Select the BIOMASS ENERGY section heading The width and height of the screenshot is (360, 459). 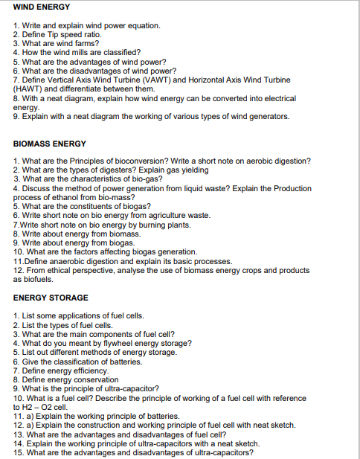(x=50, y=144)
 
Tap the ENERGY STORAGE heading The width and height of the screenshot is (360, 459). (x=51, y=298)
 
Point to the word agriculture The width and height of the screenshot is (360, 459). (x=152, y=216)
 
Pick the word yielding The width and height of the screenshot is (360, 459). (x=190, y=171)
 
